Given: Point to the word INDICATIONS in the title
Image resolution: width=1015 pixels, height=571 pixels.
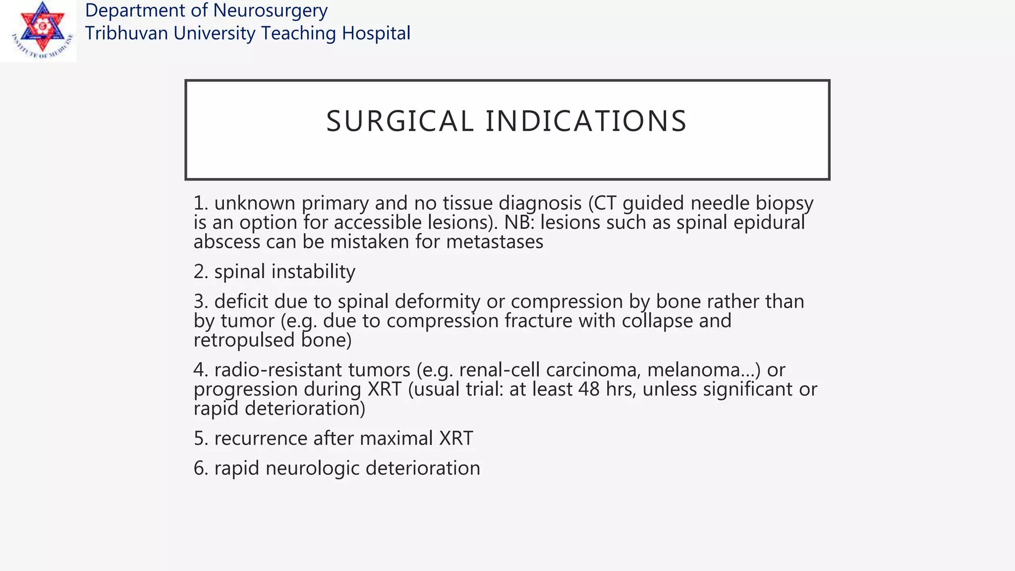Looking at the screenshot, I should coord(586,121).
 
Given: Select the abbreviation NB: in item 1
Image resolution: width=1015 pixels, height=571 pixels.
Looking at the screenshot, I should coord(519,223).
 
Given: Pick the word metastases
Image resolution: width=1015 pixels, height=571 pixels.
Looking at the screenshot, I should coord(495,242).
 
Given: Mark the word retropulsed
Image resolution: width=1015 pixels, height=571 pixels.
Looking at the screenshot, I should coord(244,340).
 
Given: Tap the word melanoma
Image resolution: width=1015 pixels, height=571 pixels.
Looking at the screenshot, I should coord(697,370).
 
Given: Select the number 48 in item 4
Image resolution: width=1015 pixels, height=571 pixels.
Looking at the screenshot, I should coord(589,389).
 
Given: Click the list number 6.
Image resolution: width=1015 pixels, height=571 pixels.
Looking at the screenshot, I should coord(200,468).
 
